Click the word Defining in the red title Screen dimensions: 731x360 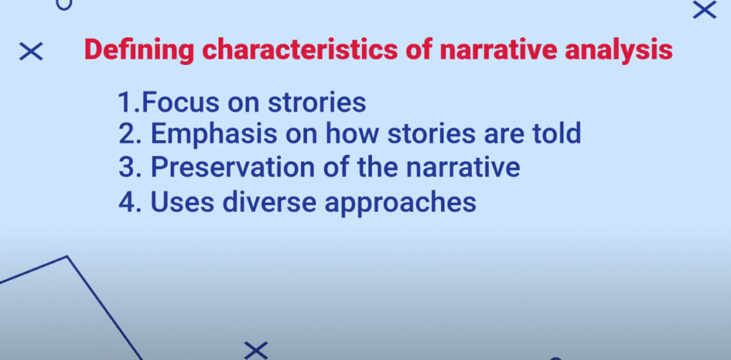pyautogui.click(x=139, y=50)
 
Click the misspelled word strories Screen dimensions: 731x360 pyautogui.click(x=317, y=102)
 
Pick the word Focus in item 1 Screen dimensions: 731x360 pyautogui.click(x=180, y=102)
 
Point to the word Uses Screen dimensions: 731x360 pyautogui.click(x=182, y=202)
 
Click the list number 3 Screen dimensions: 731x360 pyautogui.click(x=126, y=168)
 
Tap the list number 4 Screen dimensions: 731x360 pyautogui.click(x=126, y=202)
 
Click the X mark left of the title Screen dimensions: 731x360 pyautogui.click(x=31, y=51)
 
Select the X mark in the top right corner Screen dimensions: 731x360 pyautogui.click(x=705, y=10)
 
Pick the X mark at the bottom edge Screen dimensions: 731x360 pyautogui.click(x=256, y=351)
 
